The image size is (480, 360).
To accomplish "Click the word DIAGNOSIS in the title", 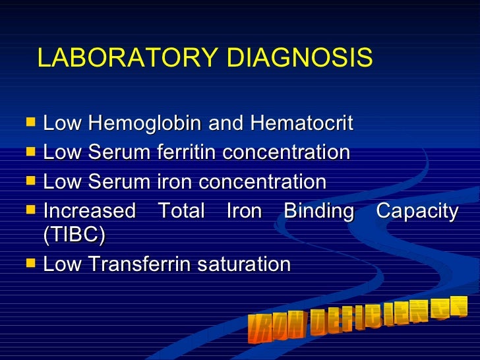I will point(300,59).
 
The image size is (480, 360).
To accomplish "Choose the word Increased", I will point(89,212).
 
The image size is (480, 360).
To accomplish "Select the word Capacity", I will point(417,212).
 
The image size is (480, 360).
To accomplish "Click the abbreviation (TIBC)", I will point(74,235).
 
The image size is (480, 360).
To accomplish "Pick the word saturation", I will point(246,264).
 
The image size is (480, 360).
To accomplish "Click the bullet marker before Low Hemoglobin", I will point(29,122).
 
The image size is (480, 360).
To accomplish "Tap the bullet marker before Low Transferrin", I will point(29,263).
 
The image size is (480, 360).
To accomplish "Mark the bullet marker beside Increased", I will point(29,210).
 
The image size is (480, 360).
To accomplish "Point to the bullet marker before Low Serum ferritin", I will point(29,152).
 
